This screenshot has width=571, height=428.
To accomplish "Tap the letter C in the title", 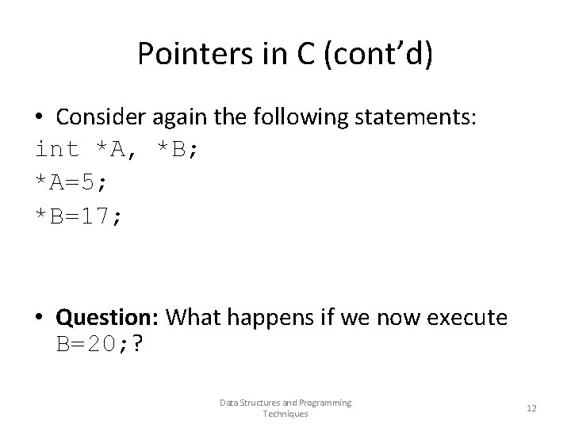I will click(x=290, y=53).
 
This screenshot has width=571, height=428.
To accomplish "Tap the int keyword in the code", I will click(x=58, y=148).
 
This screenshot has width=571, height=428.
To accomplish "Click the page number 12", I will click(x=531, y=408).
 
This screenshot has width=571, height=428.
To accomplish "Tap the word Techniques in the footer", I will click(x=285, y=414).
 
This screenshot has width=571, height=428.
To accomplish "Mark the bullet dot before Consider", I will click(x=40, y=117).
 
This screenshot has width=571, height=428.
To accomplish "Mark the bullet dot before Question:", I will click(x=40, y=317).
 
